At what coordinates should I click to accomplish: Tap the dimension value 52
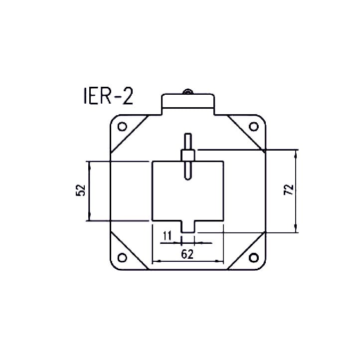tap(82, 190)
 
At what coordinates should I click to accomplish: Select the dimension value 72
tap(288, 190)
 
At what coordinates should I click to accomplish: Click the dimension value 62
tap(187, 254)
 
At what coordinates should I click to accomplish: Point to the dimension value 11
tap(167, 235)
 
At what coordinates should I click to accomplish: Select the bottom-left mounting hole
tap(121, 258)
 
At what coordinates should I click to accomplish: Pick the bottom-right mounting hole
tap(253, 257)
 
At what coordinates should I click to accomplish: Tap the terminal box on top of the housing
tap(187, 104)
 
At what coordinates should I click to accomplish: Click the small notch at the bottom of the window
tap(187, 226)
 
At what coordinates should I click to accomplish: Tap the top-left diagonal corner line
tap(129, 134)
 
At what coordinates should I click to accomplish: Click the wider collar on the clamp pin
tap(187, 155)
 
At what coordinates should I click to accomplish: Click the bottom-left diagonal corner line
tap(129, 249)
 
